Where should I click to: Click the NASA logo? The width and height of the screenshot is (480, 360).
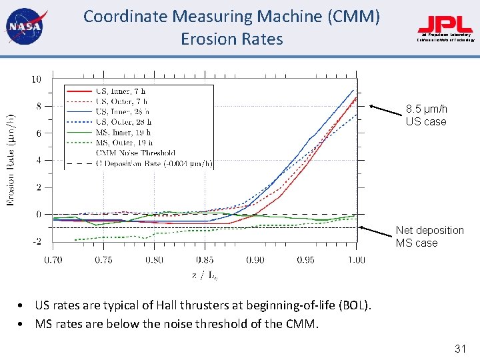point(23,27)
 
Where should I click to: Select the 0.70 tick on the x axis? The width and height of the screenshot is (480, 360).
point(53,260)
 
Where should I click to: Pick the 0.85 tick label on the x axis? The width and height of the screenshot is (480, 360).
point(205,260)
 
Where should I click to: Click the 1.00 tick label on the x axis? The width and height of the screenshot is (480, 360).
point(356,260)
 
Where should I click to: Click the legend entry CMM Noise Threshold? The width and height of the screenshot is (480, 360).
point(136,153)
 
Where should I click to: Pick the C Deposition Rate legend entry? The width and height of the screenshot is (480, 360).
point(154,163)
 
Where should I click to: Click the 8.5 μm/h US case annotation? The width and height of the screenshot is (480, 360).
point(426,115)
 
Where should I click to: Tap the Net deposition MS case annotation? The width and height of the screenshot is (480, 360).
point(429,237)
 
